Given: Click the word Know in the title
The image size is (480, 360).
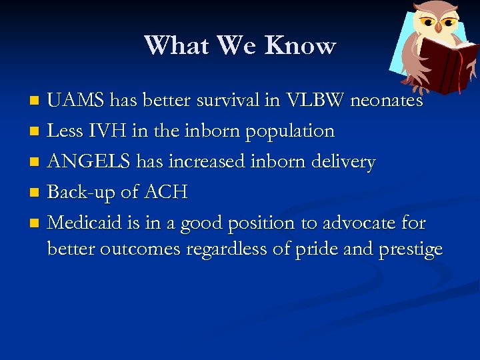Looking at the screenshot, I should (300, 45).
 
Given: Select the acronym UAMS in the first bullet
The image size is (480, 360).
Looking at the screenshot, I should (76, 101).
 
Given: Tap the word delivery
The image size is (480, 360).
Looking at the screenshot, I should (343, 162).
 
